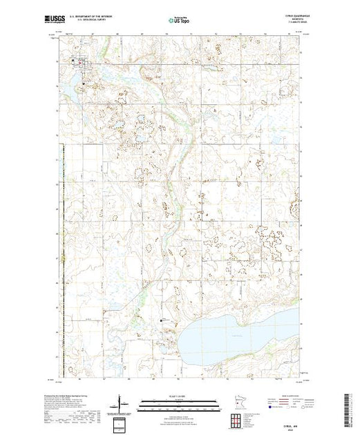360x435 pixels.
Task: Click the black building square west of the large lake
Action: [x=163, y=321]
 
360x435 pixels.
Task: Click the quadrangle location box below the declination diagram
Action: [x=120, y=422]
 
